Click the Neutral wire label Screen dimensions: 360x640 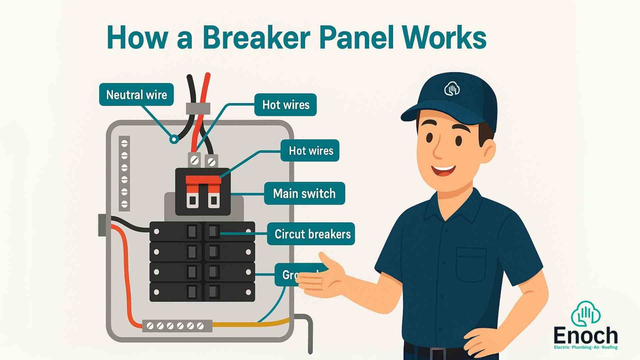[136, 95]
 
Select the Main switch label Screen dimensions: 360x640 [304, 193]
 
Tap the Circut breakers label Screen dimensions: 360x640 [312, 234]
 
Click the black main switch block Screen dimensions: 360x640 [203, 192]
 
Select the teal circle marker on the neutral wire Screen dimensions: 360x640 [174, 139]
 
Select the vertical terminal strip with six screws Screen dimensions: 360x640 [124, 173]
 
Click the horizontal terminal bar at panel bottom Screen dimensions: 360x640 [177, 326]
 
